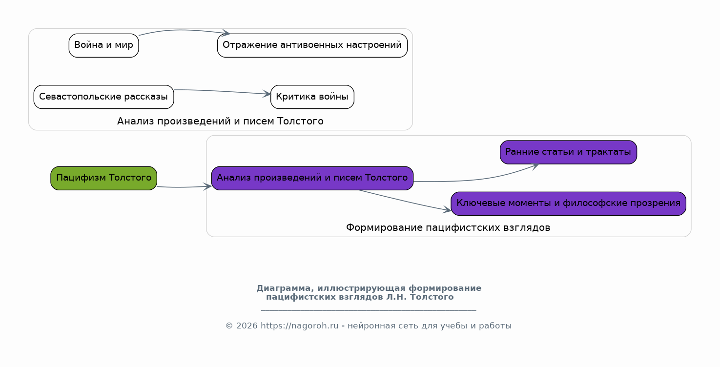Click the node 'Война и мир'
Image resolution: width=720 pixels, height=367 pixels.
(103, 45)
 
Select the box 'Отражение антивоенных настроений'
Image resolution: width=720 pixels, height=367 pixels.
(312, 45)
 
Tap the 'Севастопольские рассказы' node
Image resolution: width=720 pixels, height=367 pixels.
(103, 97)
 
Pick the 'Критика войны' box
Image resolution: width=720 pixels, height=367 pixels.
(312, 97)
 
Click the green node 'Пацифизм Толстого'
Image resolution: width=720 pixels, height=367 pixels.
(103, 178)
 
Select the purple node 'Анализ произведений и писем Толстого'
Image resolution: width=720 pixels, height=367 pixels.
(312, 178)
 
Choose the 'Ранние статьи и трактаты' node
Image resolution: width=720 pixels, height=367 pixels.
(568, 152)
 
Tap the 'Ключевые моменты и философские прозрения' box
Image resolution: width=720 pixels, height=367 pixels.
(568, 204)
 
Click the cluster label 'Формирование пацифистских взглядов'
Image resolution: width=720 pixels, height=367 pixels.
(448, 227)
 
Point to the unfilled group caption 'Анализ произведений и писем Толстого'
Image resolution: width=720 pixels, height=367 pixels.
(220, 121)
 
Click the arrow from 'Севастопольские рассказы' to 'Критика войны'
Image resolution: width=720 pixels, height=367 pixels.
(222, 92)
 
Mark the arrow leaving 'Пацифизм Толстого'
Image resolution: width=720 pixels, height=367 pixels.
(184, 187)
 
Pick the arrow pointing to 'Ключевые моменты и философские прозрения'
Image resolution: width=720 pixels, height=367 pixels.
(405, 201)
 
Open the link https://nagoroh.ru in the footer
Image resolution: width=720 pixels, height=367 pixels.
(299, 326)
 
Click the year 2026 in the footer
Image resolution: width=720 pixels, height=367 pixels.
(247, 326)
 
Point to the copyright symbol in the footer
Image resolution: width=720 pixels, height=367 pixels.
(229, 326)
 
